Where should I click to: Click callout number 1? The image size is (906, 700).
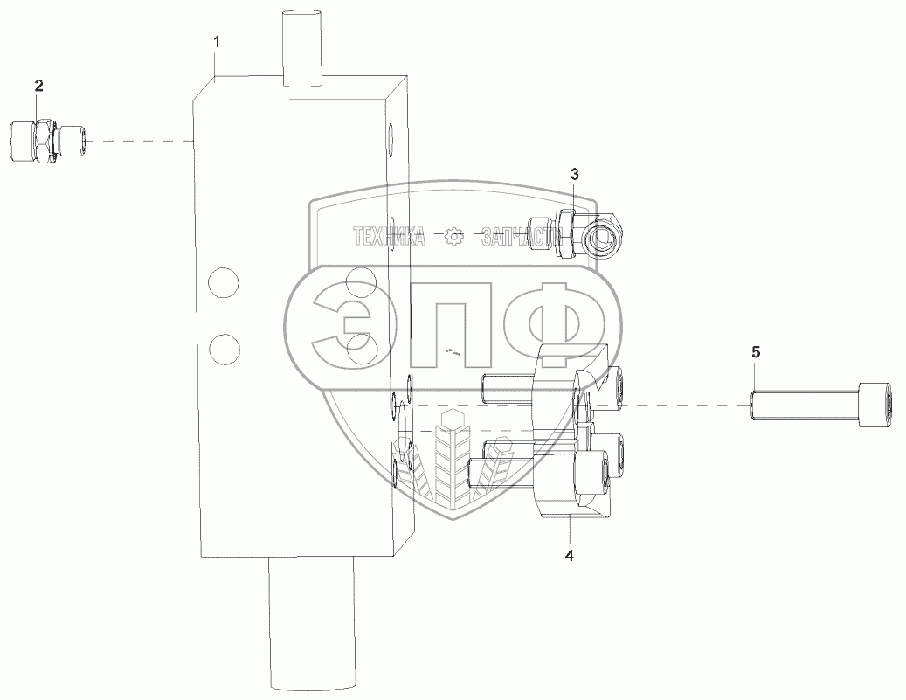(217, 42)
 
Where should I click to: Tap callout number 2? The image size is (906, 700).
(38, 87)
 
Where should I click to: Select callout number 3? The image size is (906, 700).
(574, 174)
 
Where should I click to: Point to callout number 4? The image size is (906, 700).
(569, 556)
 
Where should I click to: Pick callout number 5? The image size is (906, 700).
(757, 352)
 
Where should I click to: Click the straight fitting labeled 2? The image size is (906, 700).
(49, 141)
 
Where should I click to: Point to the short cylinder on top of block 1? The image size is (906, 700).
(302, 48)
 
